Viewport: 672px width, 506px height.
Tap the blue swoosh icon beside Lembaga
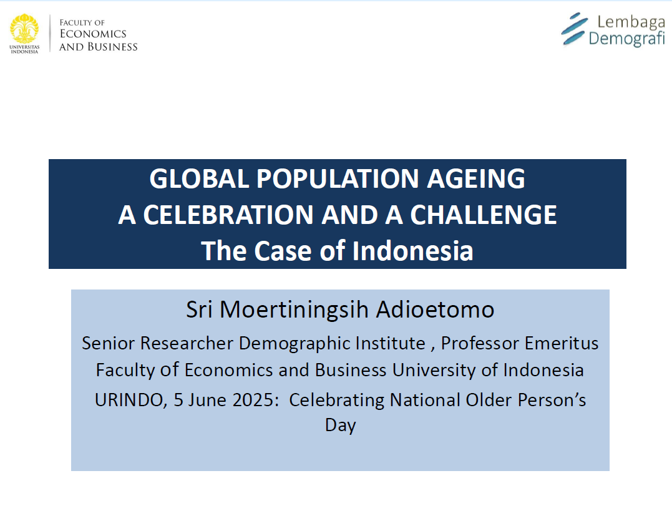(574, 29)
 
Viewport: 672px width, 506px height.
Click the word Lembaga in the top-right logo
(631, 21)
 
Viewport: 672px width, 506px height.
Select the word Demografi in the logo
(626, 39)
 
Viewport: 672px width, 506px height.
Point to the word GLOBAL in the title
(199, 178)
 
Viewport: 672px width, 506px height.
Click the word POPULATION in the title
(338, 178)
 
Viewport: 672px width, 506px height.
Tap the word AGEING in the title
(475, 178)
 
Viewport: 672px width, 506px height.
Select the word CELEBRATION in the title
(228, 215)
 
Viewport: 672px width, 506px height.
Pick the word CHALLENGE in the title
(484, 215)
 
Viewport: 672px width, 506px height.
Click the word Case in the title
(283, 251)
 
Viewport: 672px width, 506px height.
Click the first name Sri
(199, 309)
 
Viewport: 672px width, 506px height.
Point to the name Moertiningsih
(294, 309)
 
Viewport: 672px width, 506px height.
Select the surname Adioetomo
(435, 309)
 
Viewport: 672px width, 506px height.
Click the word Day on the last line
(340, 426)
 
